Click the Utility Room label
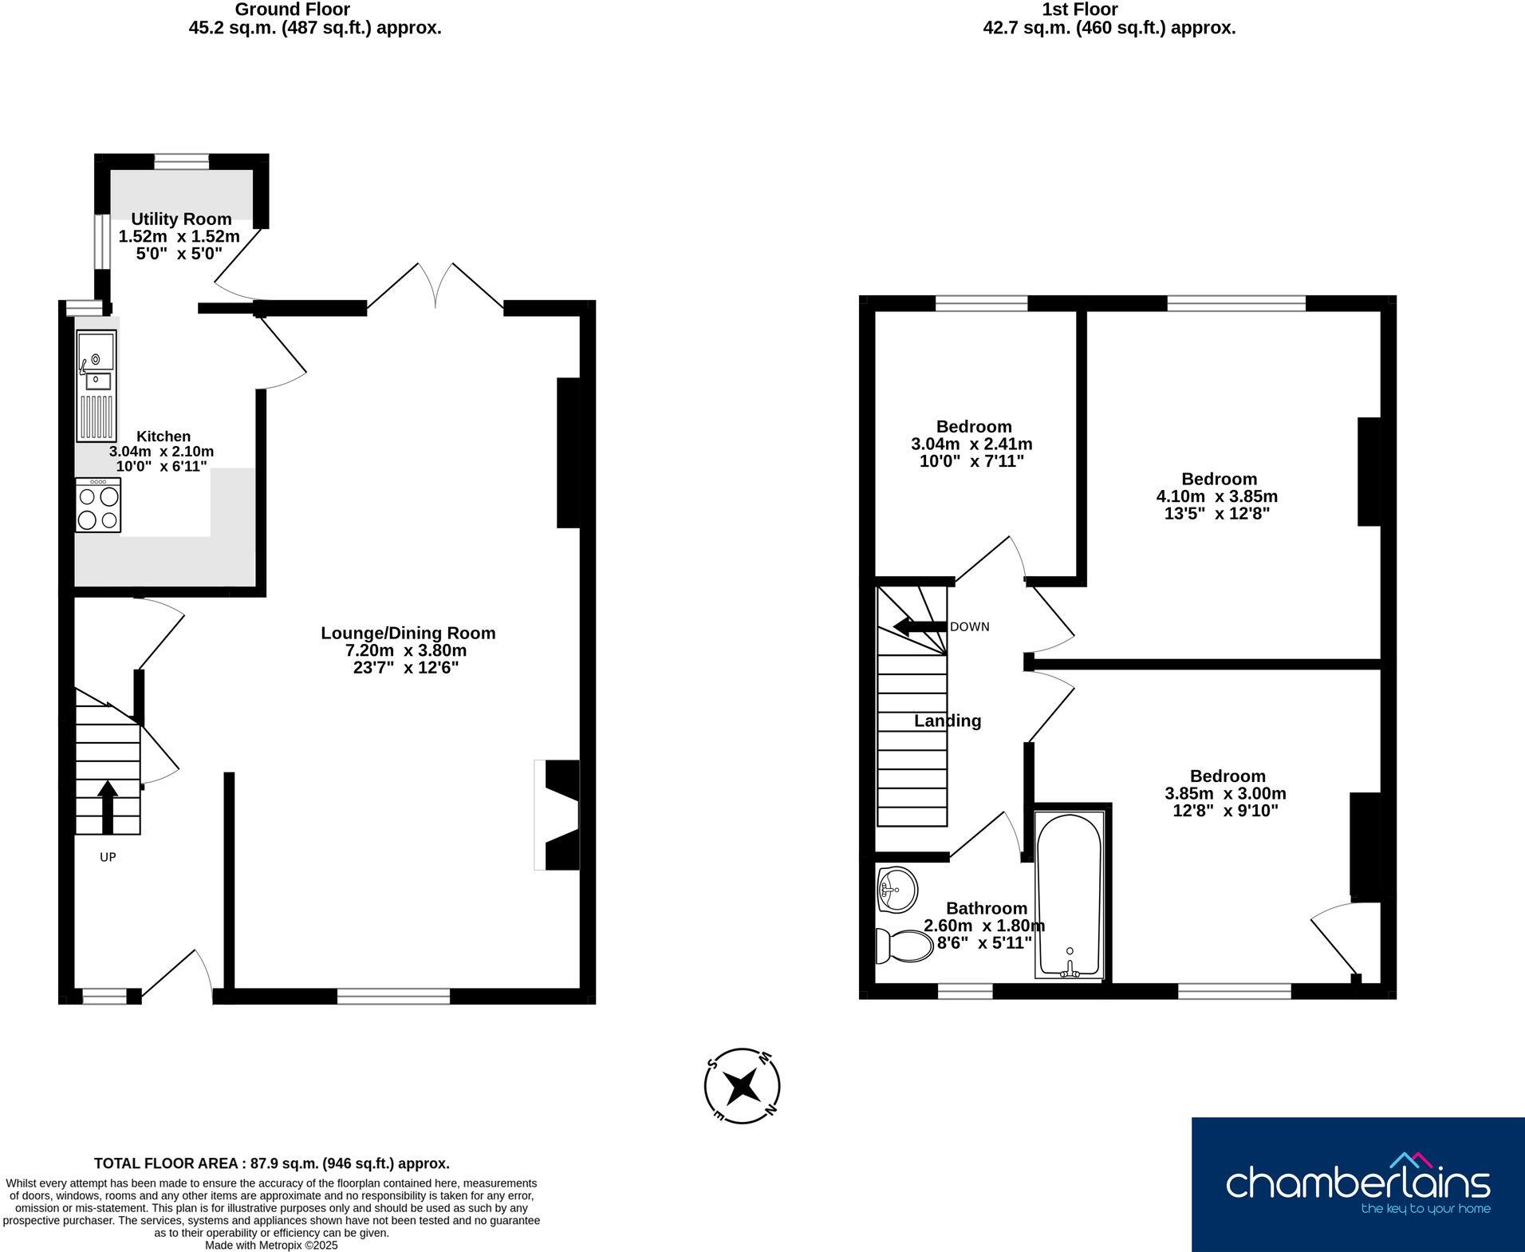181,219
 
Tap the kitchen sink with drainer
97,386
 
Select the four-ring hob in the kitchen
98,506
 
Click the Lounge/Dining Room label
408,633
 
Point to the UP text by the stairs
108,857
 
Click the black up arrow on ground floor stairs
108,806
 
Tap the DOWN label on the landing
969,627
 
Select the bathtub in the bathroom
1069,894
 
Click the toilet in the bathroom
905,946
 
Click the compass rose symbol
742,1086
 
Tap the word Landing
948,721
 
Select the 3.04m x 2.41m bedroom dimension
971,444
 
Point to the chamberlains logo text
1357,1182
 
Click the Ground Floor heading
292,10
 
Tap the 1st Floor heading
1079,10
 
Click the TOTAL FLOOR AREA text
271,1163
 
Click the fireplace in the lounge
558,815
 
